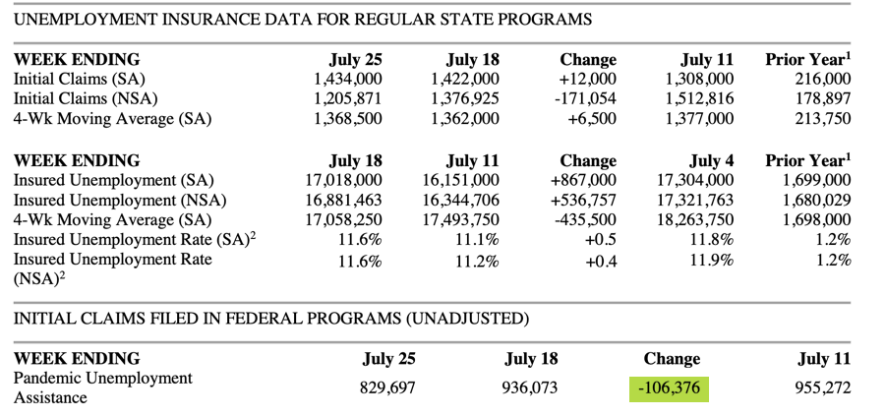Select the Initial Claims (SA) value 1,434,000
click(347, 79)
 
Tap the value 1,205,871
click(347, 98)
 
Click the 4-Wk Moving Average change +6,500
click(591, 119)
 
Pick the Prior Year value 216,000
click(822, 79)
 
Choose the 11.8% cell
click(711, 240)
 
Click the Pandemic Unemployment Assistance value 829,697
click(387, 387)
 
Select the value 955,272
click(821, 387)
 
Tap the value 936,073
click(530, 387)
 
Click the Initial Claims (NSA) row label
click(86, 98)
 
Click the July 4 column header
click(711, 160)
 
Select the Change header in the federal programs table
click(671, 359)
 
